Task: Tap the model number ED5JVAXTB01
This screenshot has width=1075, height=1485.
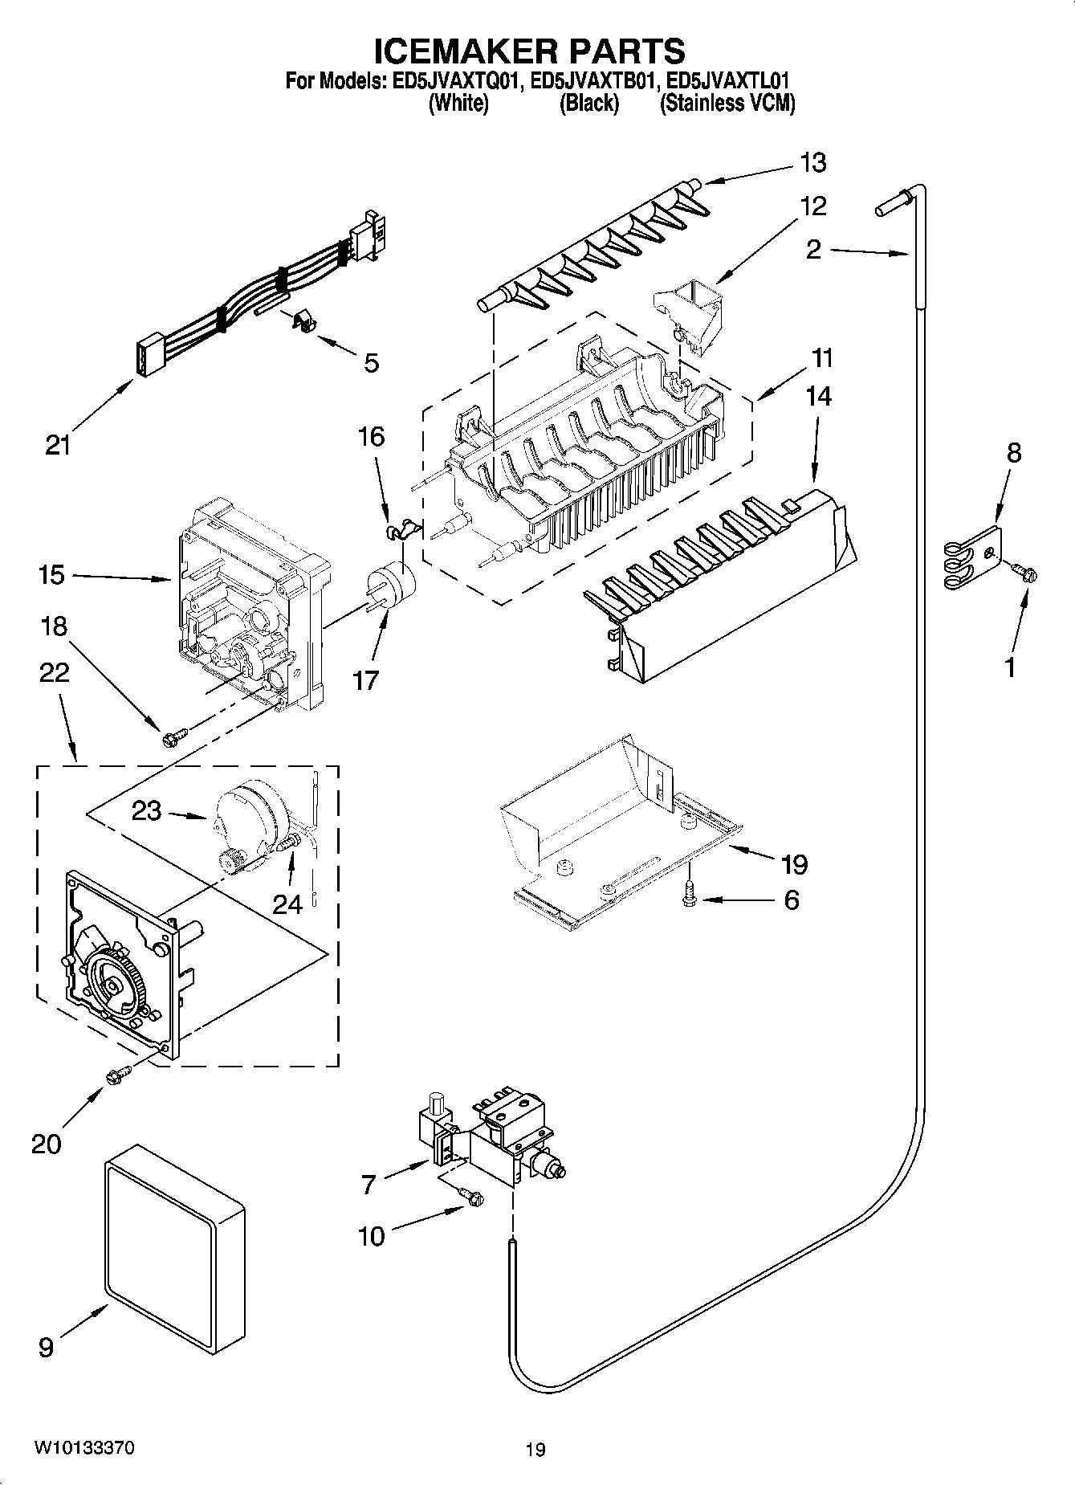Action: coord(597,80)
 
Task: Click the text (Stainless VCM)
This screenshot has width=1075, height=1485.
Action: coord(727,103)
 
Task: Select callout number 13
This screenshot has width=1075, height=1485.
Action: coord(812,162)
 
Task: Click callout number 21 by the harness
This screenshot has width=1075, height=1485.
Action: coord(58,444)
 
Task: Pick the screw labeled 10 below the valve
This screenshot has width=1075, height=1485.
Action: coord(471,1197)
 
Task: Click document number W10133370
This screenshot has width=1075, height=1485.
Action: coord(83,1448)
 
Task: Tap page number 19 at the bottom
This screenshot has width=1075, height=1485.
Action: coord(535,1450)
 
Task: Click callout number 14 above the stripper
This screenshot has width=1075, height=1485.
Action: coord(818,396)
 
